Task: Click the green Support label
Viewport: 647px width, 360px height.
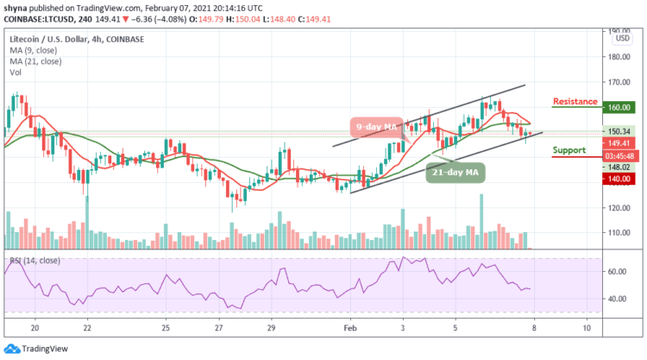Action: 569,149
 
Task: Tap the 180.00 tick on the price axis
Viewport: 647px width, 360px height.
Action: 616,58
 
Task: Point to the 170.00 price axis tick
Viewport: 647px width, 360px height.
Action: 616,83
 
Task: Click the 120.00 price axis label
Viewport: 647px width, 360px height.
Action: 616,208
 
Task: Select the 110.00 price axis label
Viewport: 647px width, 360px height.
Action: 616,233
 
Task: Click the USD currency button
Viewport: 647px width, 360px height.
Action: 619,39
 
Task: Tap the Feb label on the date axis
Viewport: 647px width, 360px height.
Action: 349,330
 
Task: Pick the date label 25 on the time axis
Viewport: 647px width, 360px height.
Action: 166,330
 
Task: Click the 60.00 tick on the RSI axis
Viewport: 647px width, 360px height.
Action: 616,271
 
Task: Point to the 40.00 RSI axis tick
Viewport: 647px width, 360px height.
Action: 616,299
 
